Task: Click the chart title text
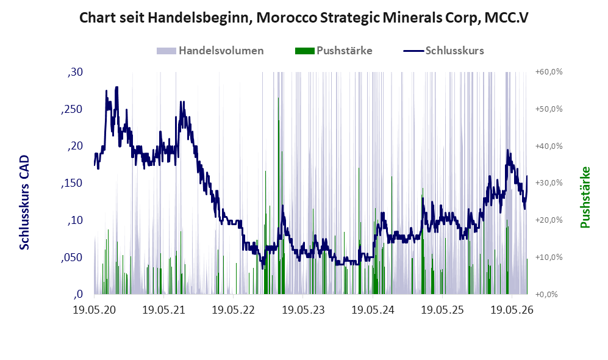tap(304, 18)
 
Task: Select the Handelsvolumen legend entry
tap(210, 51)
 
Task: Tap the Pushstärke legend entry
tap(334, 51)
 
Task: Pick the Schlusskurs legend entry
tap(443, 51)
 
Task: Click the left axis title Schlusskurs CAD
tap(24, 203)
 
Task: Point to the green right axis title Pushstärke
tap(585, 197)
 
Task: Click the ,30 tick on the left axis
tap(75, 72)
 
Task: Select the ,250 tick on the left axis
tap(72, 109)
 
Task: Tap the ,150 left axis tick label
tap(72, 183)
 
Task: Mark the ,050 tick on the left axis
tap(72, 257)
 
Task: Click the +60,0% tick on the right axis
tap(549, 72)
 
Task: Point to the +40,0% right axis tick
tap(549, 146)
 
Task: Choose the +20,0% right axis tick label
tap(549, 220)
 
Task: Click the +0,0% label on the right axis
tap(547, 295)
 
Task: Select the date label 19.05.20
tap(95, 310)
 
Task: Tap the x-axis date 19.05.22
tap(234, 310)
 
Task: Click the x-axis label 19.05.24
tap(373, 310)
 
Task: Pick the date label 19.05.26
tap(512, 310)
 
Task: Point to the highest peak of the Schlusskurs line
tap(116, 87)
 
